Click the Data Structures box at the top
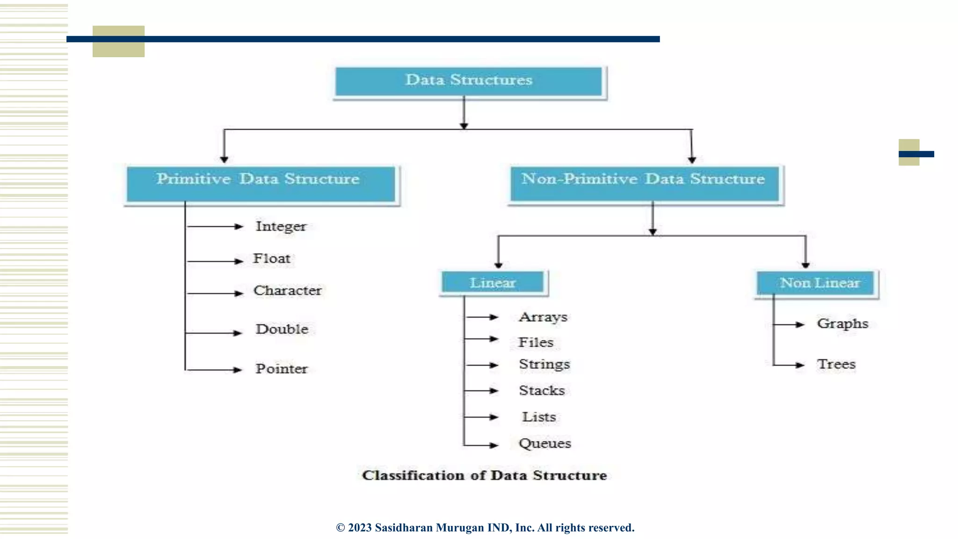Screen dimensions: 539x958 click(x=469, y=81)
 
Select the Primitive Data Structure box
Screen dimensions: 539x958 click(x=261, y=183)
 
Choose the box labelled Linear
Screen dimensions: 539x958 click(x=493, y=283)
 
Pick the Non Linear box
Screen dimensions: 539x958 click(x=817, y=283)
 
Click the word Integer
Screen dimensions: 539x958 click(x=281, y=226)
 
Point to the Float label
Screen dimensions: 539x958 click(x=272, y=258)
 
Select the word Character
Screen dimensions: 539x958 click(x=287, y=291)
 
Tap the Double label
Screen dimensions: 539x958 click(x=282, y=329)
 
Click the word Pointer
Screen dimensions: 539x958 click(x=281, y=369)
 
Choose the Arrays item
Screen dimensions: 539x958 click(x=543, y=317)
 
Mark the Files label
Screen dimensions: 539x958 click(x=536, y=342)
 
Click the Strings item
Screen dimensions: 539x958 click(x=544, y=364)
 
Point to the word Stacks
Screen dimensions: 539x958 click(x=542, y=390)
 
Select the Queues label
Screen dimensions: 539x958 click(x=544, y=443)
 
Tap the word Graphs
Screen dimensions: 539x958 click(x=842, y=324)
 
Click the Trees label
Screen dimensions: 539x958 click(x=836, y=364)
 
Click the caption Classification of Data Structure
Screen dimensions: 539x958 click(x=484, y=475)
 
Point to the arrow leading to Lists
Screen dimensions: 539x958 click(x=482, y=417)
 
